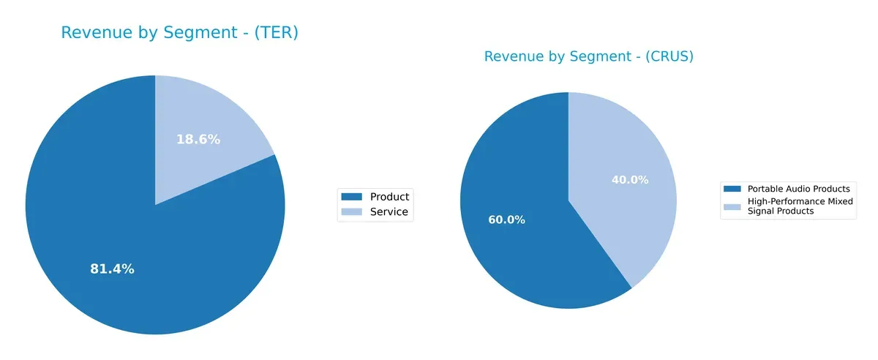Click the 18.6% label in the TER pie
pyautogui.click(x=198, y=140)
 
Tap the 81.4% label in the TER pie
pyautogui.click(x=112, y=269)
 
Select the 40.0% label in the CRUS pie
pyautogui.click(x=630, y=180)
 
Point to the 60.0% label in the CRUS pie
pyautogui.click(x=506, y=220)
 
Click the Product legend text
pyautogui.click(x=389, y=197)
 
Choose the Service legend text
pyautogui.click(x=389, y=213)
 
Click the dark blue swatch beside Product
pyautogui.click(x=353, y=197)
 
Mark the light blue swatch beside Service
pyautogui.click(x=353, y=213)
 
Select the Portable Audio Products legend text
pyautogui.click(x=798, y=189)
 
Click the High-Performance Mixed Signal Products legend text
pyautogui.click(x=799, y=206)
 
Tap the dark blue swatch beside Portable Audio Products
pyautogui.click(x=732, y=189)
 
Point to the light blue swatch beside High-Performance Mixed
pyautogui.click(x=732, y=207)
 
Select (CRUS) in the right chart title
pyautogui.click(x=667, y=57)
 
